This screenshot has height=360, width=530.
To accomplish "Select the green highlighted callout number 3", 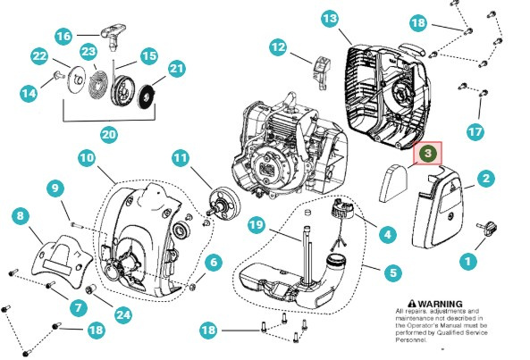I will tap(428, 154).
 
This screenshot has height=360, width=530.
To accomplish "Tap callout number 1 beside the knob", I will tap(466, 262).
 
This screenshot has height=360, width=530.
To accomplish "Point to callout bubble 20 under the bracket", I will tap(108, 135).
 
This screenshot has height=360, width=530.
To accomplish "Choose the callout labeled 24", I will tap(122, 314).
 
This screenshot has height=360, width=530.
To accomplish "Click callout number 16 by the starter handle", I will tap(63, 37).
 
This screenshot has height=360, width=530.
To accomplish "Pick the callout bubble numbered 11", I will tap(180, 159).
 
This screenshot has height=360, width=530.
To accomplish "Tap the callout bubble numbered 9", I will tap(55, 188).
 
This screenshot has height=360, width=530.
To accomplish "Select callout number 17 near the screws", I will tap(475, 130).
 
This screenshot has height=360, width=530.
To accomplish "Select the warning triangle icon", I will tap(412, 304).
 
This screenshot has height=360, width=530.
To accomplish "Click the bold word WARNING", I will tap(442, 304).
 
